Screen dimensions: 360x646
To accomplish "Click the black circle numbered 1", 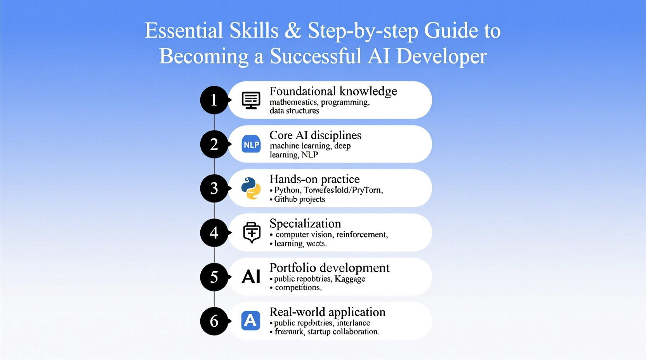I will coord(214,100).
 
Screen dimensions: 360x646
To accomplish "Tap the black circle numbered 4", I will coord(214,233).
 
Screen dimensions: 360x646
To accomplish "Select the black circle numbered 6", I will coord(214,321).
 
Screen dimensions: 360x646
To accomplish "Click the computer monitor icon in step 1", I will coord(251,100).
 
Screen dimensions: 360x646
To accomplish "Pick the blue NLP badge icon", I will coord(251,144).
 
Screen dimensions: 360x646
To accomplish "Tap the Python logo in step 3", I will coord(251,189).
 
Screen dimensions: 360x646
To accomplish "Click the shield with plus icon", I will coord(252,233).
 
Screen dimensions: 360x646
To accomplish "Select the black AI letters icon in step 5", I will coord(251,277).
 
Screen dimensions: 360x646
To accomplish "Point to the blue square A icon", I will coord(251,321).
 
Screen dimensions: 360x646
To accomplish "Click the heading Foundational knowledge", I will coord(333,91).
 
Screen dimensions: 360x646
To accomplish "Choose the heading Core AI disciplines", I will coord(315,135).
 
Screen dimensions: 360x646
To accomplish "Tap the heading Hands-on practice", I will coord(314,179).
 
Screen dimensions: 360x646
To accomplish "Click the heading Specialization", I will coord(305,223).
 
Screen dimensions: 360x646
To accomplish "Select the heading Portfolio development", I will coord(329,268).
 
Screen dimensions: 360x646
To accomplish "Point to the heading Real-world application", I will coord(327,312).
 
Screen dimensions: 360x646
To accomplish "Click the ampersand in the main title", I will coord(293,31).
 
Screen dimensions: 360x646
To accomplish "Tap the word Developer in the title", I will coord(441,57).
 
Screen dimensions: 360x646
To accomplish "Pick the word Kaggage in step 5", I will coord(350,279).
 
